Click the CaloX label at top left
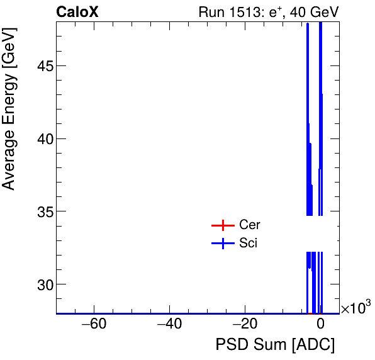77,11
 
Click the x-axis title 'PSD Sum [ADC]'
275,345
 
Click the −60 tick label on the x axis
94,325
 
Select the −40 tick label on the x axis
169,325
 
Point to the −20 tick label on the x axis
245,325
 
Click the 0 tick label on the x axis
320,325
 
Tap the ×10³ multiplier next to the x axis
355,308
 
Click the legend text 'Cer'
249,225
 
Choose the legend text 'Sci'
248,244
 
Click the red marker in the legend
222,225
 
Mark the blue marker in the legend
222,244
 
